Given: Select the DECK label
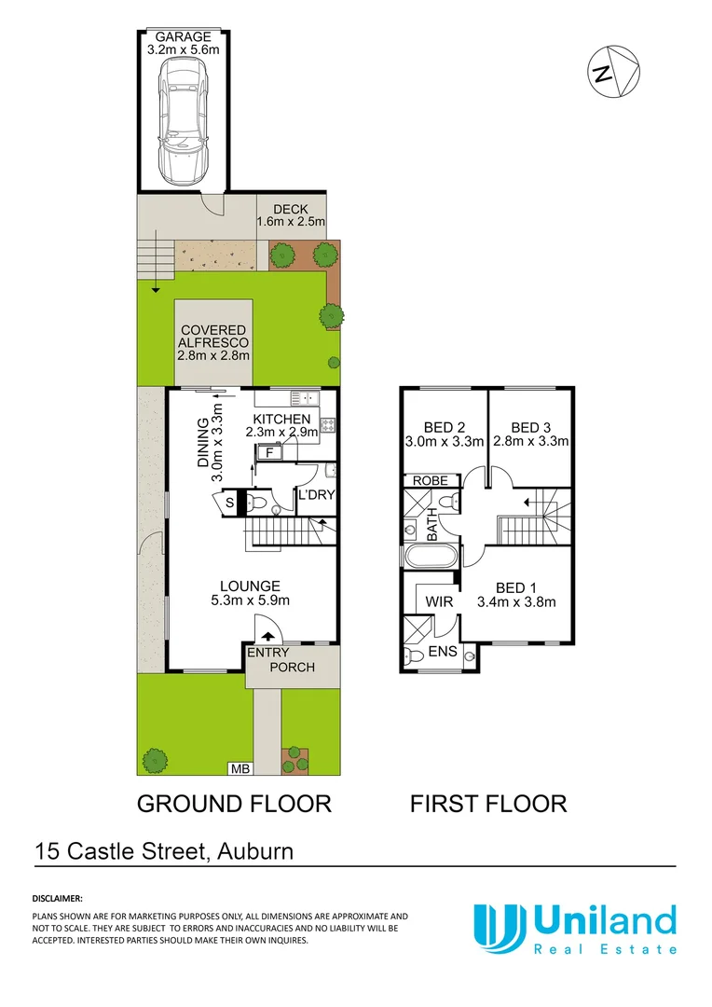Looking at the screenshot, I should pos(291,209).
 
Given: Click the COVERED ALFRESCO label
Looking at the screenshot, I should pos(213,330).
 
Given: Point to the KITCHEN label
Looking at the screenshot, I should pos(281,420).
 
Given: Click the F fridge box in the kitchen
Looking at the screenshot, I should pos(270,452).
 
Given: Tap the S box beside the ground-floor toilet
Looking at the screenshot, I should pos(230,504).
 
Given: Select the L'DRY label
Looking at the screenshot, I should pos(311,495).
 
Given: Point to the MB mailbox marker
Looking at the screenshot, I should pos(240,768).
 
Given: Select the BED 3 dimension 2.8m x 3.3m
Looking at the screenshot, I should pos(530,441).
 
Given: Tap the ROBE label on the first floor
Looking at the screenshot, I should pos(431,481).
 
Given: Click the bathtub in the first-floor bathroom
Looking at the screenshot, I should pos(430,558).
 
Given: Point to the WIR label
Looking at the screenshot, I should pos(439,602).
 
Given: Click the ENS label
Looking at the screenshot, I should pos(443,651).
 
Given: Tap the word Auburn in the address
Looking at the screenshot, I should pos(256,850).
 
